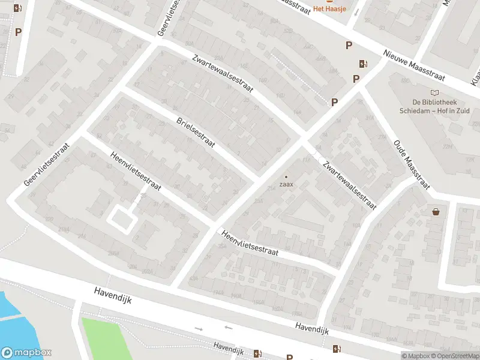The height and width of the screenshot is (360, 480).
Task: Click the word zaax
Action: pos(286,184)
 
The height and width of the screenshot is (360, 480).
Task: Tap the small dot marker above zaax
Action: pos(286,176)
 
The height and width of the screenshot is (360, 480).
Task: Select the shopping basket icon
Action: pos(436,212)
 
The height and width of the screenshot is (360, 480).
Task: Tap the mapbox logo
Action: pos(26,353)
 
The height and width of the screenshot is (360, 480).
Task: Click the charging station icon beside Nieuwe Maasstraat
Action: pos(362,64)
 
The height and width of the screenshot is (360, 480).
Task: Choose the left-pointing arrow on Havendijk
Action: pos(228,328)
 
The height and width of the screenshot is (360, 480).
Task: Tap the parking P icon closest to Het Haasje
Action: pos(348,45)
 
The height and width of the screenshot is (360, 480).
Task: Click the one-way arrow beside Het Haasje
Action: pos(357,12)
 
